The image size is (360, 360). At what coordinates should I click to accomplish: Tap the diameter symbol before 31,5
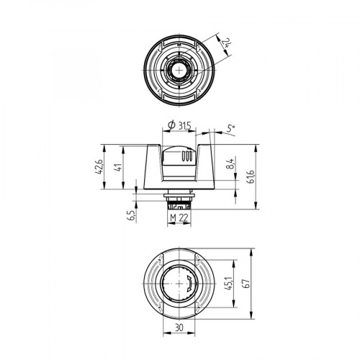pyautogui.click(x=170, y=127)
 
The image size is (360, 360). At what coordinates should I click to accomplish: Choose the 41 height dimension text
pyautogui.click(x=118, y=167)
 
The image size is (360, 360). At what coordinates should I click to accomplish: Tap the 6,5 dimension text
pyautogui.click(x=132, y=216)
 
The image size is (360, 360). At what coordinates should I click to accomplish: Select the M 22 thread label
pyautogui.click(x=179, y=218)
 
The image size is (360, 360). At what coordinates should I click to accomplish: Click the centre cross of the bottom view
pyautogui.click(x=179, y=285)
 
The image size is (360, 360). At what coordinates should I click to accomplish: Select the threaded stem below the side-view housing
pyautogui.click(x=178, y=202)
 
